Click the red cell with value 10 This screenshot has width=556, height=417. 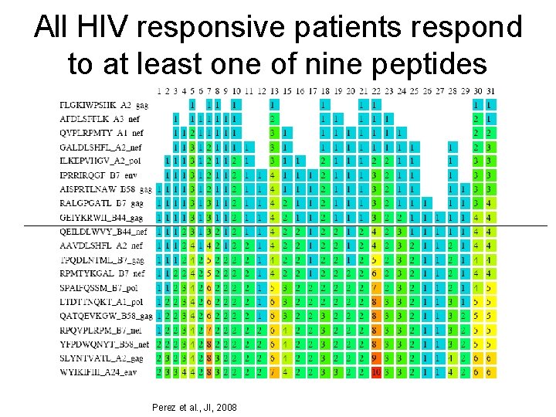pyautogui.click(x=375, y=371)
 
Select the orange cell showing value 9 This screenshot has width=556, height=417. pyautogui.click(x=375, y=358)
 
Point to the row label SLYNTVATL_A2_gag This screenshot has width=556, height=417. pyautogui.click(x=101, y=358)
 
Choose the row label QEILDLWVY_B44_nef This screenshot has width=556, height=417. pyautogui.click(x=103, y=231)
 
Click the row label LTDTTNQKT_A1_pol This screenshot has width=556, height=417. pyautogui.click(x=100, y=301)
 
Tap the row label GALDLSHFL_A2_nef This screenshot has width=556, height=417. pyautogui.click(x=100, y=147)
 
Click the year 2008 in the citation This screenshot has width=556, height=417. pyautogui.click(x=225, y=406)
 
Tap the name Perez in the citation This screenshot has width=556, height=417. pyautogui.click(x=165, y=406)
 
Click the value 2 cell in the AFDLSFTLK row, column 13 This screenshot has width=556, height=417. pyautogui.click(x=273, y=119)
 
